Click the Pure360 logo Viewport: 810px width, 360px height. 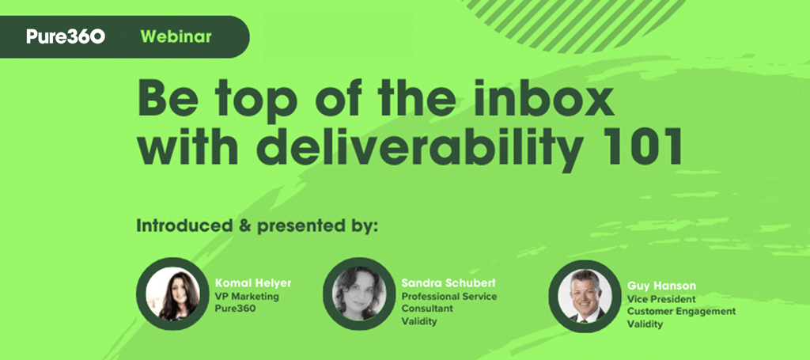tap(66, 36)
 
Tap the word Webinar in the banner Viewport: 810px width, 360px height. tap(176, 36)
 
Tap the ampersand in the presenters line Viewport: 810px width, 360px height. tap(244, 225)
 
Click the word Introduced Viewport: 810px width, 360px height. tap(184, 225)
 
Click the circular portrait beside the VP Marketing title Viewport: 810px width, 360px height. tap(172, 294)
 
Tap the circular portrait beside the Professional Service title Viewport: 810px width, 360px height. tap(359, 294)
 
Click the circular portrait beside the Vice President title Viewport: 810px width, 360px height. tap(585, 296)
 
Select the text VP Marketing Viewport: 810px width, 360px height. tap(247, 297)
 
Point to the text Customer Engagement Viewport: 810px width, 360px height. tap(681, 312)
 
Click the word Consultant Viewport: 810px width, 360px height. tap(427, 309)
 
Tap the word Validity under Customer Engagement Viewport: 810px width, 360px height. tap(645, 324)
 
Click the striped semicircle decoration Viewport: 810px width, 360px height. tap(573, 23)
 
